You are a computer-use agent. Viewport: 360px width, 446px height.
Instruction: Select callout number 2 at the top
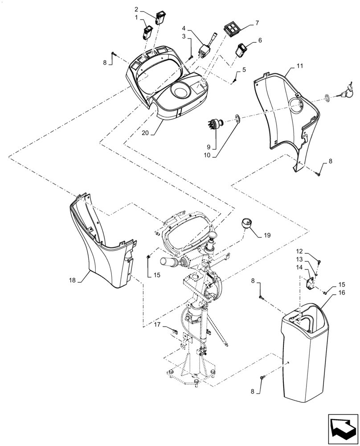coord(137,8)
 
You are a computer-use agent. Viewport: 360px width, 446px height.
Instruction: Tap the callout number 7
coord(257,22)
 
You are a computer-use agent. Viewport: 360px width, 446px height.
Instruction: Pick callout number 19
coord(267,234)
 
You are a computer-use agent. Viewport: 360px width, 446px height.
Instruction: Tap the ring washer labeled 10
coord(237,119)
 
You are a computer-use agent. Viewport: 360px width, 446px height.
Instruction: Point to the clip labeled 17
coord(175,330)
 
